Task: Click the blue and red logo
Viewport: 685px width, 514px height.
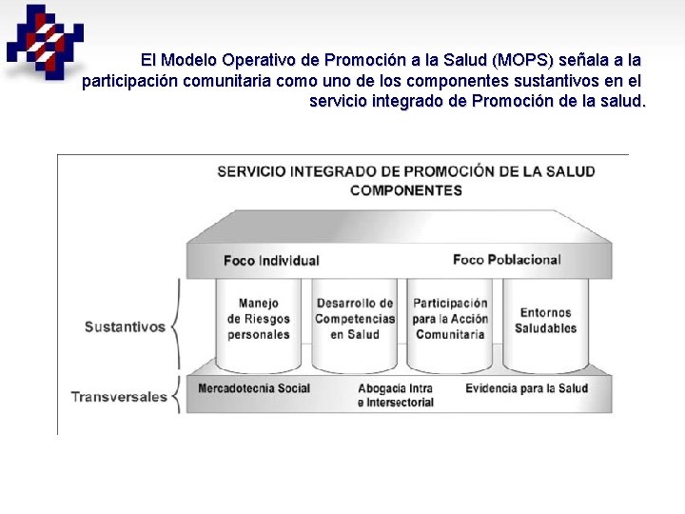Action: [x=44, y=40]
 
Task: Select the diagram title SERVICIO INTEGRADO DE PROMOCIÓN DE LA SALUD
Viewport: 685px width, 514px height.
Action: [x=406, y=171]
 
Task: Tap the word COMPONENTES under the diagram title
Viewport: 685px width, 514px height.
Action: [x=406, y=189]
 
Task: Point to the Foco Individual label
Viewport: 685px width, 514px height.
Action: [x=271, y=260]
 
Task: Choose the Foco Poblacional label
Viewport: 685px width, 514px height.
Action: [x=506, y=259]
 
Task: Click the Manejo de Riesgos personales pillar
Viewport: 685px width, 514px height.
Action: [x=259, y=319]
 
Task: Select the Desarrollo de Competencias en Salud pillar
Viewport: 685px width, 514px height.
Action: [x=354, y=319]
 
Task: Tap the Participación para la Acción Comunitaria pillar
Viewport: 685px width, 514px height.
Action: [x=450, y=319]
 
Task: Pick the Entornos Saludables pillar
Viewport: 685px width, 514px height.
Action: [x=545, y=320]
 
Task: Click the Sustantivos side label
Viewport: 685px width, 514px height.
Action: [x=125, y=326]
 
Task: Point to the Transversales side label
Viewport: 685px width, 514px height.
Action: [x=119, y=396]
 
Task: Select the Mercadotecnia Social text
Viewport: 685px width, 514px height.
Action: [x=254, y=387]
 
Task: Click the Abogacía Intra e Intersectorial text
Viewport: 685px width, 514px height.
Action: [x=396, y=395]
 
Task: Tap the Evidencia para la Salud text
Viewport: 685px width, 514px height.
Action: [x=526, y=387]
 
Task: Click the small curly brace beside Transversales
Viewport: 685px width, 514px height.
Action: [x=175, y=395]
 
